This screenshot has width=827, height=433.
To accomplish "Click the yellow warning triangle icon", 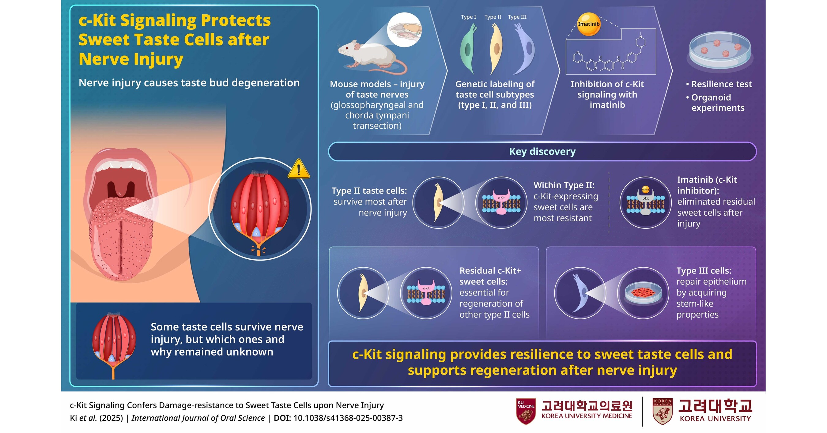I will (299, 169).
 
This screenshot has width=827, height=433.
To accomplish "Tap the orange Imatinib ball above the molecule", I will (588, 24).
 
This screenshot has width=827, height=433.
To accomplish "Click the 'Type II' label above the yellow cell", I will (493, 17).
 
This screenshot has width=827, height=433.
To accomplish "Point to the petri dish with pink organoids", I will (720, 50).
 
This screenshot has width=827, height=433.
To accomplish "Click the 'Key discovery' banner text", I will (542, 152).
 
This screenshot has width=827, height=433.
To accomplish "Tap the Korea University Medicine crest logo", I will (526, 411).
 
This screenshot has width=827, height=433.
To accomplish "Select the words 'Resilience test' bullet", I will (721, 84).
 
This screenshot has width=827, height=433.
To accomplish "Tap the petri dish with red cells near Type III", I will (643, 293).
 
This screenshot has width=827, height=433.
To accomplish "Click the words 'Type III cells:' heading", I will (704, 271).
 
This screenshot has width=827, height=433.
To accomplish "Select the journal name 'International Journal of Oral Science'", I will (198, 418).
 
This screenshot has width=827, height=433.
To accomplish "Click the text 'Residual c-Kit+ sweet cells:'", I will (490, 276).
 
